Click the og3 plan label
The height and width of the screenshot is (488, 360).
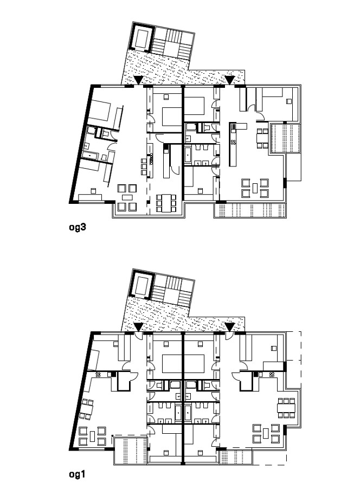(77, 227)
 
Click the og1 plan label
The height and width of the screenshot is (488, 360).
(77, 474)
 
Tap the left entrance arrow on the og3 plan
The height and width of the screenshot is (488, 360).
(138, 80)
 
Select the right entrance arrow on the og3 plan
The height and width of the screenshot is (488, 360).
(230, 80)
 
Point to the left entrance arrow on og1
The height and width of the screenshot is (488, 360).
(138, 327)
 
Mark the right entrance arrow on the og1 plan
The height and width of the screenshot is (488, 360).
(230, 327)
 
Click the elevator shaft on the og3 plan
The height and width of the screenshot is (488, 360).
(143, 37)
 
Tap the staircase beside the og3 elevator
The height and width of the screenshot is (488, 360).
(172, 43)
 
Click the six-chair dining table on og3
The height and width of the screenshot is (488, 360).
(167, 203)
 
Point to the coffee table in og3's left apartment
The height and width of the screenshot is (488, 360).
(127, 197)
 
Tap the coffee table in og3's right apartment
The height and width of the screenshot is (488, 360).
(255, 188)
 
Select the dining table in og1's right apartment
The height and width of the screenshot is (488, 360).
(286, 408)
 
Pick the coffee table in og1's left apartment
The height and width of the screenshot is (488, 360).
(92, 436)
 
